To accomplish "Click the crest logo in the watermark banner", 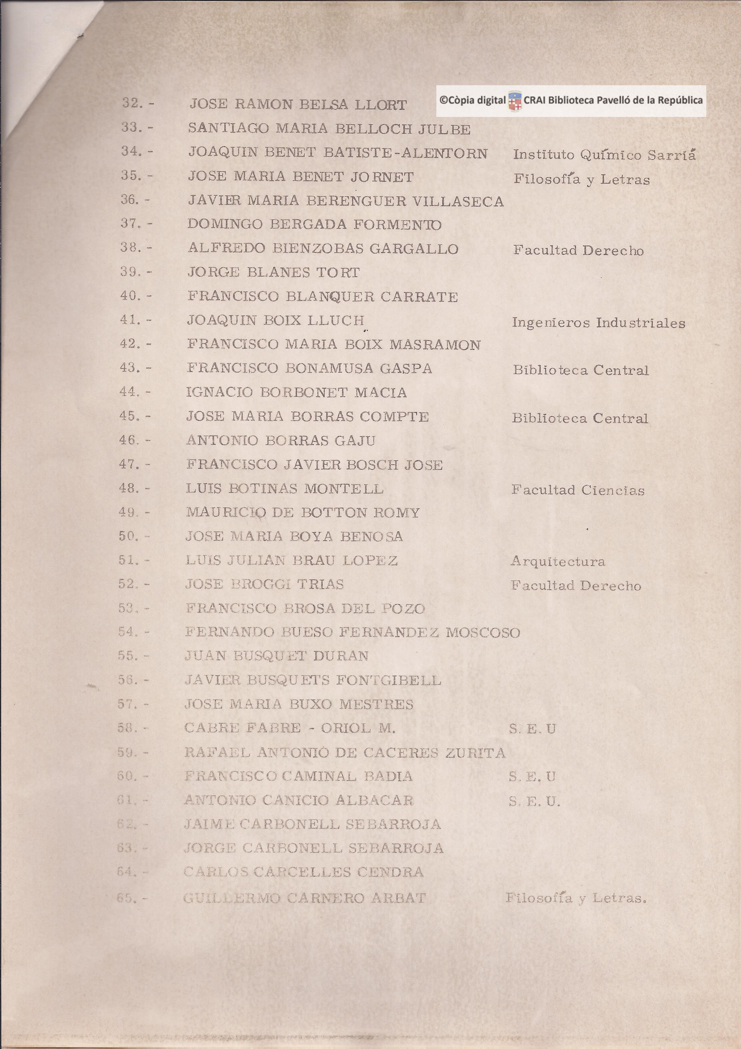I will pyautogui.click(x=515, y=101).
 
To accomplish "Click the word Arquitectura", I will pyautogui.click(x=558, y=561).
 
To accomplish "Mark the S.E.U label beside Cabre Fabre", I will pyautogui.click(x=532, y=729).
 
